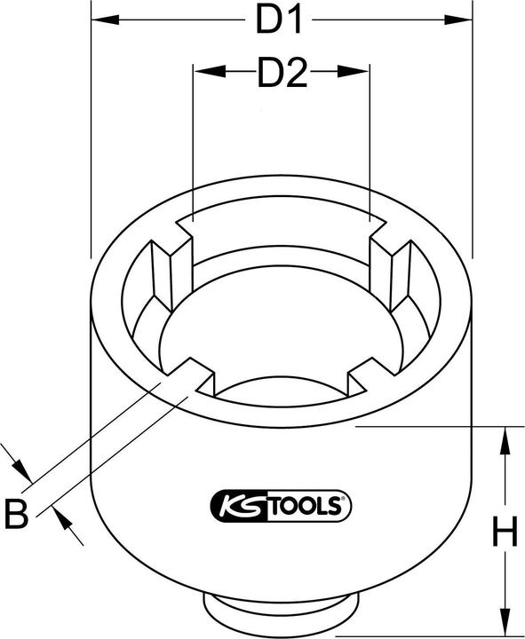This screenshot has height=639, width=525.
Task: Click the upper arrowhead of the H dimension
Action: [x=505, y=434]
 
